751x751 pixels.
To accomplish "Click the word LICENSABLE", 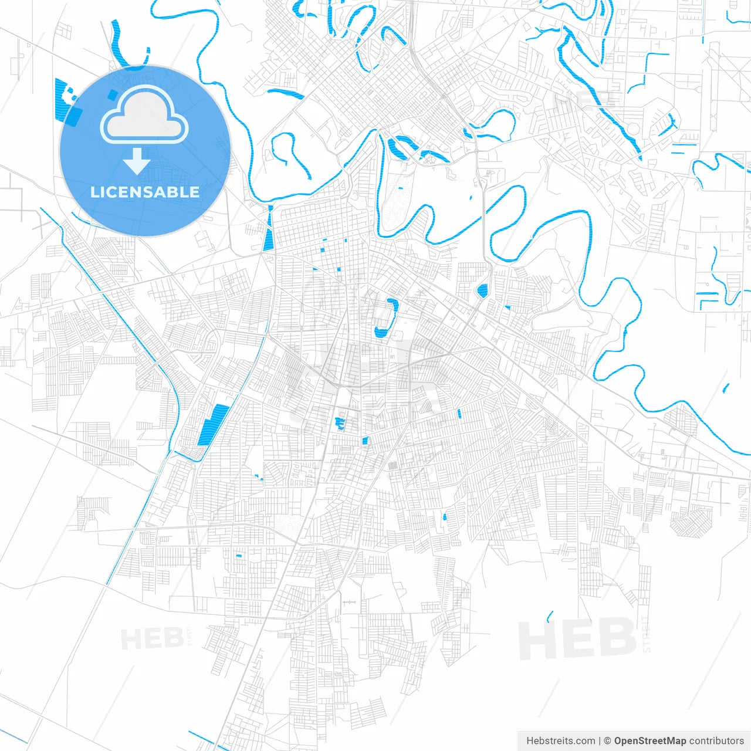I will click(x=145, y=192).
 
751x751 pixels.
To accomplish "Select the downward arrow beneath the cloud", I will click(x=137, y=161).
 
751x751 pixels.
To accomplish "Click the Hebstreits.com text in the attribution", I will click(x=561, y=741).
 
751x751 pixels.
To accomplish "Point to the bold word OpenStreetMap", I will click(x=649, y=741).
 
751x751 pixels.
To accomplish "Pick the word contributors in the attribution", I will click(x=716, y=741).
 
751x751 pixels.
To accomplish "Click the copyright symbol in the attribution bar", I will click(x=608, y=741).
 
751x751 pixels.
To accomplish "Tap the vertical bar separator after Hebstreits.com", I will click(x=600, y=741).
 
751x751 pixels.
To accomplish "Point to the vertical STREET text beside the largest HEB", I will click(x=647, y=634).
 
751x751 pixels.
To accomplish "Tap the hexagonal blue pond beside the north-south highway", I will click(x=482, y=290).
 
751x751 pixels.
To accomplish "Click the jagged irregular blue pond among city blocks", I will click(x=339, y=423).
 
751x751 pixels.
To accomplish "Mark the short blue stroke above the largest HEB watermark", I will click(x=550, y=616).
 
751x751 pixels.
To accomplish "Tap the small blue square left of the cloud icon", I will click(x=112, y=94).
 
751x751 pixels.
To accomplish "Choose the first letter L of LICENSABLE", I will click(x=94, y=192).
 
